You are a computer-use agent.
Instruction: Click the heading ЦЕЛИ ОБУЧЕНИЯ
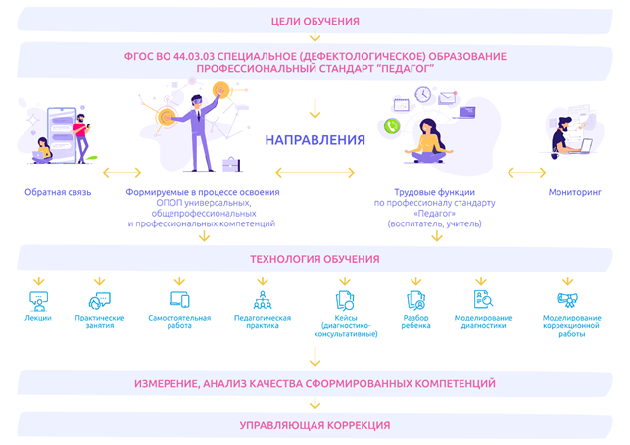315,21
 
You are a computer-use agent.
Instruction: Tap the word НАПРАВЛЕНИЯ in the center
315,140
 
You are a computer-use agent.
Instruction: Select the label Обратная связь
58,192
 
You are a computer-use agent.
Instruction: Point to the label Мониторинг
574,192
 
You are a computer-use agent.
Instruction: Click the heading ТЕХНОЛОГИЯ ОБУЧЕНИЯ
315,259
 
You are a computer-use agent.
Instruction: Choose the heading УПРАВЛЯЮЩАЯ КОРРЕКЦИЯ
315,425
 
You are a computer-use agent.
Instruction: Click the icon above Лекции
38,301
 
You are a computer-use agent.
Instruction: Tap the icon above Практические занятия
99,301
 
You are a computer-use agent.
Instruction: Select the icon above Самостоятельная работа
179,300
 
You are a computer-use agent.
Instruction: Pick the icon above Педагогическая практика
263,300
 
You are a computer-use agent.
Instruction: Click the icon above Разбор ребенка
415,300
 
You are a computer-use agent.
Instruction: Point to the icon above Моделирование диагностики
483,299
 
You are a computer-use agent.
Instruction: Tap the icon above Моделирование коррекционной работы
567,300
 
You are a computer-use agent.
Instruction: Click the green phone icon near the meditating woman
392,125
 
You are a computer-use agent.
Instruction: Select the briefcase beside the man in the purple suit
231,164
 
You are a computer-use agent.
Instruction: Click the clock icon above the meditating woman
423,94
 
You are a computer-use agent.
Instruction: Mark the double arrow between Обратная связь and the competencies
122,173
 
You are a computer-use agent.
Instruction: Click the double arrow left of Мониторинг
527,173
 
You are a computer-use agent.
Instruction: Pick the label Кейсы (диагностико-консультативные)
346,325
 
